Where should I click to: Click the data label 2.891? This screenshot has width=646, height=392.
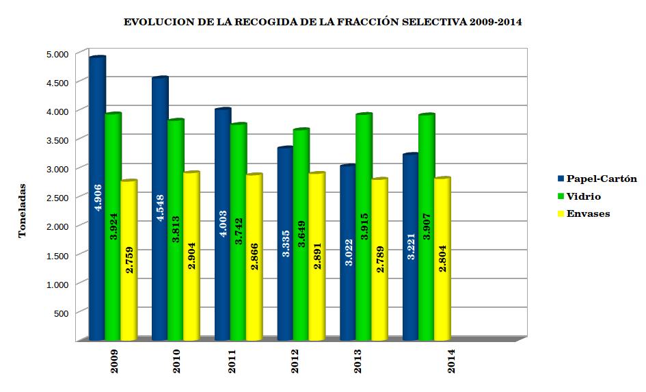(x=317, y=256)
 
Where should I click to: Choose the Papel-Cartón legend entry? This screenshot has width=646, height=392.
(x=597, y=179)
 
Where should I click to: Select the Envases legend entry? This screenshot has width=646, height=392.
(x=588, y=213)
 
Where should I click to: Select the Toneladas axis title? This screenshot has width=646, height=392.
(x=22, y=211)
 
